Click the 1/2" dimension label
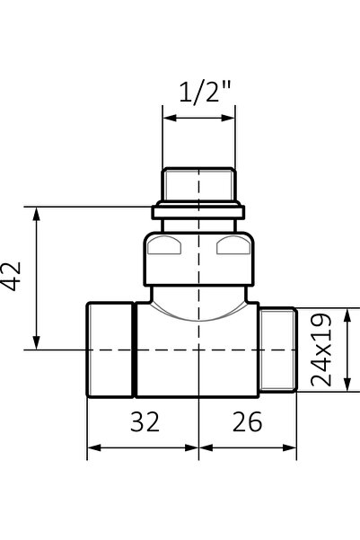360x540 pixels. (205, 92)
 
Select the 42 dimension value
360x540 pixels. (13, 277)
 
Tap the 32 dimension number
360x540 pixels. (145, 421)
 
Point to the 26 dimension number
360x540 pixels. (247, 421)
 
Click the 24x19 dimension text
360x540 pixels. (320, 350)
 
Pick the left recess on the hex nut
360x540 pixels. (164, 245)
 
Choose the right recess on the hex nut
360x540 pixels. (233, 245)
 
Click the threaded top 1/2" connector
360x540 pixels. (199, 184)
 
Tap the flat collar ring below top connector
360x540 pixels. (198, 212)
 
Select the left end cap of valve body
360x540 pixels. (110, 350)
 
